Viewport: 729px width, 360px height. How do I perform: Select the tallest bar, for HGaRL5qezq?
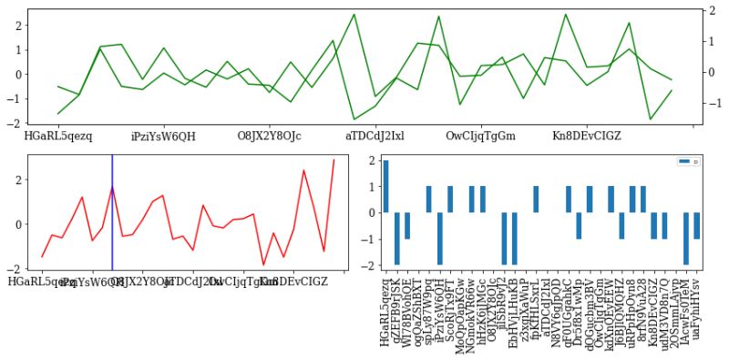[x=385, y=187]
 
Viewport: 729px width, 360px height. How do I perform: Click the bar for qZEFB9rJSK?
[x=396, y=238]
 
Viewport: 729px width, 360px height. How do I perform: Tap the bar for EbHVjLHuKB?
[x=514, y=238]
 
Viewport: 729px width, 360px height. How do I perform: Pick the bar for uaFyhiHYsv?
[x=696, y=225]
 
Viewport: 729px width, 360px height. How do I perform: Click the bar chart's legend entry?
[x=687, y=161]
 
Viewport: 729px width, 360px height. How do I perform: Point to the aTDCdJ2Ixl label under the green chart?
[x=375, y=136]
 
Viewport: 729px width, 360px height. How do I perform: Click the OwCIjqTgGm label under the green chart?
[x=480, y=136]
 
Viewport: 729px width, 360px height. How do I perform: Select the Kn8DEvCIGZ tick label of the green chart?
[x=587, y=136]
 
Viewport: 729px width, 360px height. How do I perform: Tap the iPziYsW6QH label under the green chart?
[x=163, y=136]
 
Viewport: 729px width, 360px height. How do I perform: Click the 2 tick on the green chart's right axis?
[x=710, y=11]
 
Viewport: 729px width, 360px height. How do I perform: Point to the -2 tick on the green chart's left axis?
[x=17, y=123]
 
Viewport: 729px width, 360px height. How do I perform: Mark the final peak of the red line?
[x=334, y=160]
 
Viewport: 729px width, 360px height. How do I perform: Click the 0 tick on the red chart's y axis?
[x=18, y=224]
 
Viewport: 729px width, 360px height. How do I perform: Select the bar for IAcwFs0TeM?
[x=685, y=238]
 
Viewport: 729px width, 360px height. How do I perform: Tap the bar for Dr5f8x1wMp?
[x=579, y=225]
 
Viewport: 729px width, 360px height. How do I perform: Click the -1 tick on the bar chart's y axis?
[x=371, y=239]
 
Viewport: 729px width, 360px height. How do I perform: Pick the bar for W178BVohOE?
[x=407, y=225]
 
